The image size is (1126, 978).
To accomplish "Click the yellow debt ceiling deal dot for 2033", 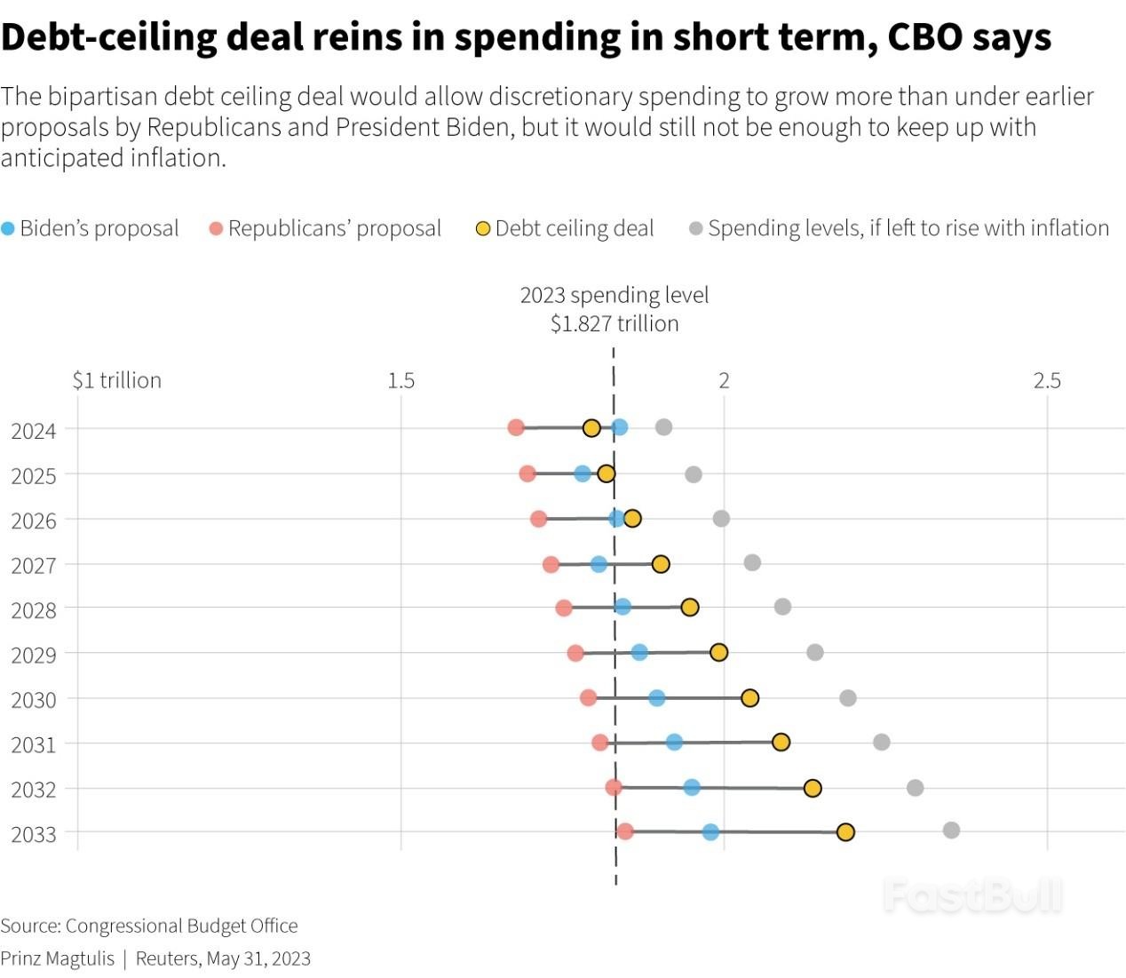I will [x=845, y=832].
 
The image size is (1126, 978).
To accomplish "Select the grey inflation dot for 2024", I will [x=663, y=427].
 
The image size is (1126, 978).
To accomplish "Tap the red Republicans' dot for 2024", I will [x=516, y=428].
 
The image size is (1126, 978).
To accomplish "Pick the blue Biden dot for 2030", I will [x=656, y=698].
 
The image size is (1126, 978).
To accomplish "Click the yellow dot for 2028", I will [x=689, y=608].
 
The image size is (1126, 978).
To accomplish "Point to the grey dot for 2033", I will [x=951, y=831].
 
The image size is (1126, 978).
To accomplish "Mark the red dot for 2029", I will [x=575, y=654].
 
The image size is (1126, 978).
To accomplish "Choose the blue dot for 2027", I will [x=599, y=564].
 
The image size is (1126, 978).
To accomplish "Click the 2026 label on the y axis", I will [x=34, y=521].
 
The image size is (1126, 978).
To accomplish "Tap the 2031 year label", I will [x=34, y=744].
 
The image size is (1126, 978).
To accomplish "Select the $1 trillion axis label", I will [x=117, y=380].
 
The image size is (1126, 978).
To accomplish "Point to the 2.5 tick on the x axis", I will [x=1047, y=380].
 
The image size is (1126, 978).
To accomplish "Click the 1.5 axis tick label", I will [x=400, y=380].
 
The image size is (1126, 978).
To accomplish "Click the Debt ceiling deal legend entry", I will [x=566, y=228].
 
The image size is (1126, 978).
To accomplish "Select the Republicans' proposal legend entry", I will [x=326, y=228].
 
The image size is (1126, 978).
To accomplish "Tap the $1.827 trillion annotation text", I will [x=615, y=323].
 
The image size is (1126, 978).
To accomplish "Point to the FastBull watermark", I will [x=972, y=895].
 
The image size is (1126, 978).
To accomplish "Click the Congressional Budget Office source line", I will [x=149, y=926].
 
